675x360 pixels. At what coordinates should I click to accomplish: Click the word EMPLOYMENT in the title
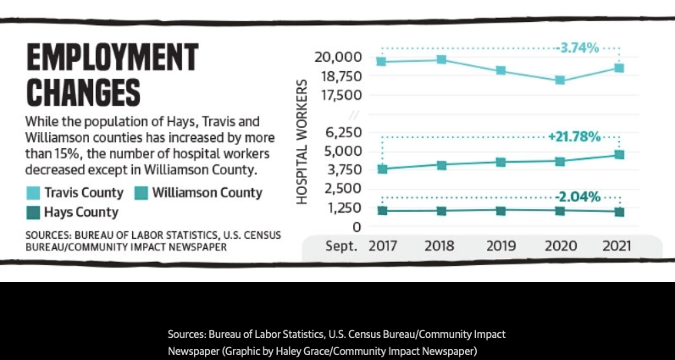click(x=112, y=59)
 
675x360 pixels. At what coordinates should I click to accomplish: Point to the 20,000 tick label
click(x=338, y=58)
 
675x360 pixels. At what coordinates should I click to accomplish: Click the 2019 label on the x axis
click(x=501, y=246)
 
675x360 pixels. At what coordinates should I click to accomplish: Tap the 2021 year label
click(x=618, y=246)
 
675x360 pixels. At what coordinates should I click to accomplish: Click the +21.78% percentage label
click(x=574, y=136)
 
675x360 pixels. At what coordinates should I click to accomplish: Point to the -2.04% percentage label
click(x=578, y=197)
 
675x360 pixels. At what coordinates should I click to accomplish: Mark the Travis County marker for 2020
click(x=561, y=80)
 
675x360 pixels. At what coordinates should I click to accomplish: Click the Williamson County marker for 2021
click(x=619, y=155)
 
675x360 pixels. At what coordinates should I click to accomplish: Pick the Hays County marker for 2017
click(x=383, y=211)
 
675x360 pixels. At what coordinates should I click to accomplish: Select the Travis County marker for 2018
click(x=442, y=59)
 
